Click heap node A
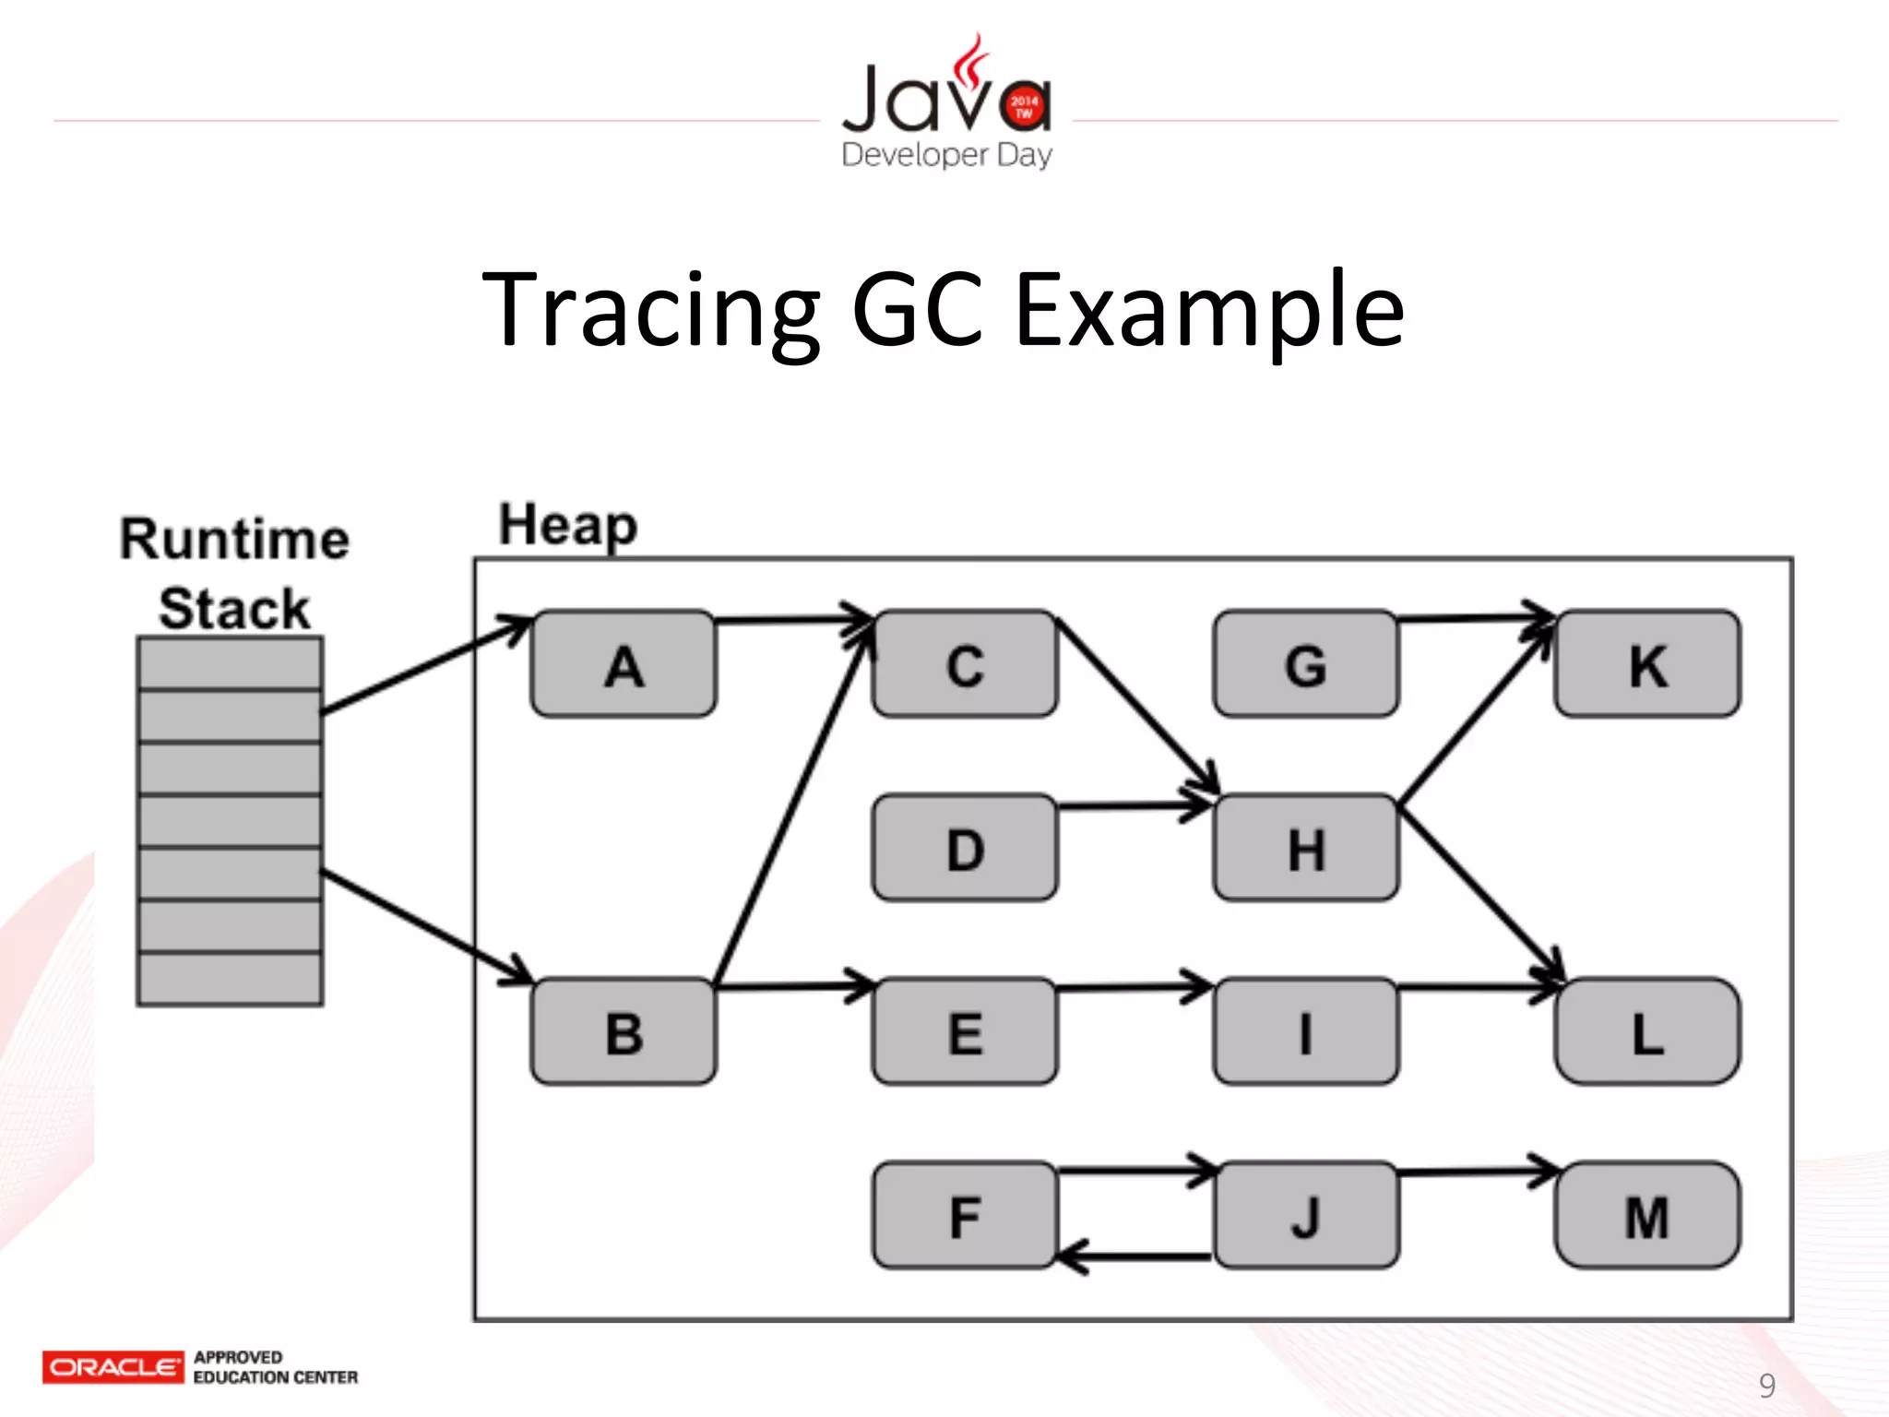click(x=624, y=664)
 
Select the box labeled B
click(x=624, y=1031)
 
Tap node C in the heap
click(x=965, y=664)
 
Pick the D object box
click(x=965, y=848)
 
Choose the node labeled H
click(x=1306, y=848)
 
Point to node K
click(x=1647, y=664)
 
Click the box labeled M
click(x=1647, y=1216)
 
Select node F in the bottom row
click(x=965, y=1216)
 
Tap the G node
click(x=1306, y=664)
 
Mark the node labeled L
click(x=1647, y=1031)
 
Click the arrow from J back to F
click(x=1135, y=1256)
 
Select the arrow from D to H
click(x=1135, y=806)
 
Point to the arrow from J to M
click(x=1476, y=1173)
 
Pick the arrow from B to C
click(x=793, y=803)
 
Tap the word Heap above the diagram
click(x=567, y=526)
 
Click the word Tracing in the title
click(x=650, y=311)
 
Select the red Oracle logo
click(x=113, y=1366)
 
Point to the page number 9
click(x=1766, y=1385)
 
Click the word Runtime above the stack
click(x=234, y=539)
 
